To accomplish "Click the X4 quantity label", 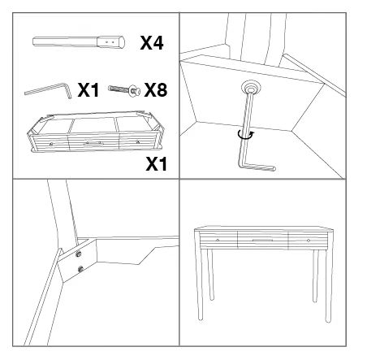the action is (152, 43).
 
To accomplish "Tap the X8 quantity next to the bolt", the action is (156, 90).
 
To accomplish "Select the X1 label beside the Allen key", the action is (89, 90).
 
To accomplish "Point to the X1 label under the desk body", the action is (157, 164).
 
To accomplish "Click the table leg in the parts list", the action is (79, 42).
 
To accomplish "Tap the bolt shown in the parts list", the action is (124, 89).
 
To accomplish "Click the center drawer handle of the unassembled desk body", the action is (93, 143).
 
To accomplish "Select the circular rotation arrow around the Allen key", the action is (246, 135).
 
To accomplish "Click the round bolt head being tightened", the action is (251, 88).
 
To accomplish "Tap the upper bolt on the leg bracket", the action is (79, 254).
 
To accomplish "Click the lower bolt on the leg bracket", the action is (80, 269).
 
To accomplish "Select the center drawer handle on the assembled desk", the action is (262, 240).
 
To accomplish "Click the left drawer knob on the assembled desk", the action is (218, 240).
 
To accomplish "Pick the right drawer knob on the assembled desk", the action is (309, 241).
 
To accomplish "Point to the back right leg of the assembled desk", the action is (315, 276).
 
